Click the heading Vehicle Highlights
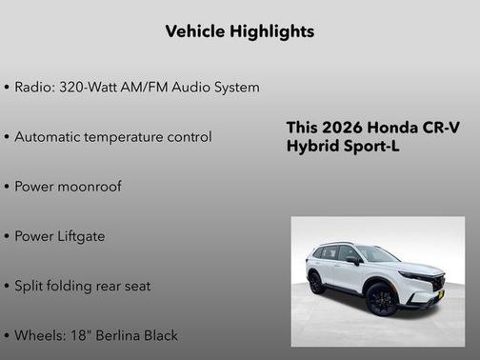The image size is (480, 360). pyautogui.click(x=239, y=31)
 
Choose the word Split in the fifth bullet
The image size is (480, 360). pyautogui.click(x=30, y=286)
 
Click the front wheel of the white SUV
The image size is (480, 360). pyautogui.click(x=381, y=299)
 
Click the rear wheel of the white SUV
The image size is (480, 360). pyautogui.click(x=316, y=283)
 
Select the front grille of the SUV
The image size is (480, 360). pyautogui.click(x=435, y=283)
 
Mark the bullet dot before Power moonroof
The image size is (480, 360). pyautogui.click(x=7, y=187)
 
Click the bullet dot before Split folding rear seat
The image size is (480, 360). pyautogui.click(x=7, y=286)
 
